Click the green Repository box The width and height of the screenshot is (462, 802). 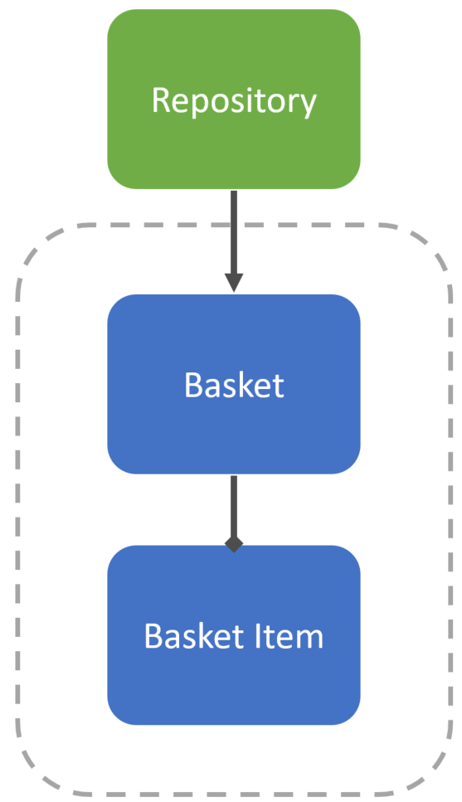pyautogui.click(x=234, y=100)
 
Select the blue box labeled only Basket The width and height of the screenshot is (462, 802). pyautogui.click(x=234, y=384)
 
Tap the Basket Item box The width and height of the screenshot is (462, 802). pyautogui.click(x=234, y=635)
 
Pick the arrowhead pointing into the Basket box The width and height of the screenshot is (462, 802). pyautogui.click(x=234, y=284)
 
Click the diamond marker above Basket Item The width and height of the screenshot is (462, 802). pyautogui.click(x=234, y=544)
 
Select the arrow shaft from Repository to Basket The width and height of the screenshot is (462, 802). pyautogui.click(x=234, y=232)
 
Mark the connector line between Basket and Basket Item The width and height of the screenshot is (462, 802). pyautogui.click(x=234, y=507)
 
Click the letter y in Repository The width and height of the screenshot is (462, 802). pyautogui.click(x=307, y=106)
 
